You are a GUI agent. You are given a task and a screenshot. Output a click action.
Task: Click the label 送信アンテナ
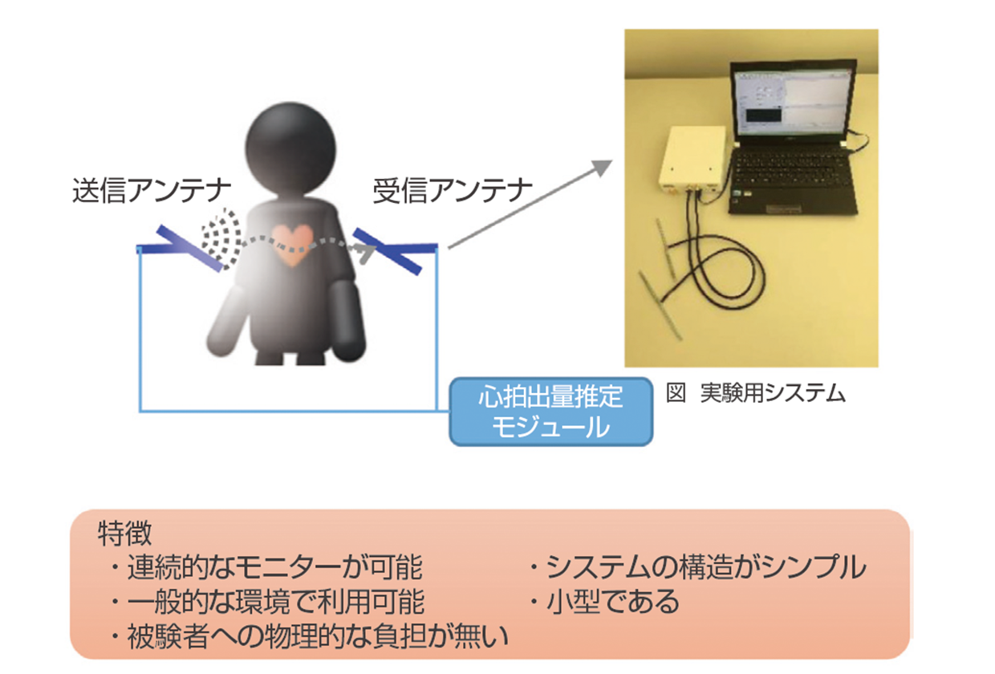click(152, 191)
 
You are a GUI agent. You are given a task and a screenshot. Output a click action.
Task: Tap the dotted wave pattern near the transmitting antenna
click(221, 239)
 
